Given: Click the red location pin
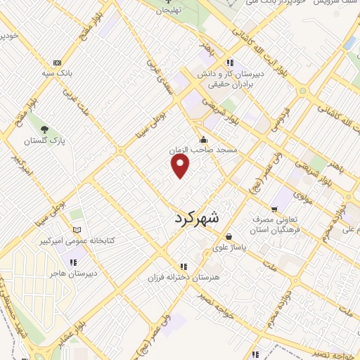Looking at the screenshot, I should pyautogui.click(x=181, y=165).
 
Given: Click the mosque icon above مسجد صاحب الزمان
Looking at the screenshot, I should pyautogui.click(x=203, y=139).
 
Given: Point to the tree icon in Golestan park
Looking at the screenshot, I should pyautogui.click(x=44, y=129).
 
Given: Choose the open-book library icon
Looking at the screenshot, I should pyautogui.click(x=77, y=230).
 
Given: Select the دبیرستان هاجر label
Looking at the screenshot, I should pyautogui.click(x=77, y=273).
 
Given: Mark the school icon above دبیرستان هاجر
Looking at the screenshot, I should pyautogui.click(x=74, y=262).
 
